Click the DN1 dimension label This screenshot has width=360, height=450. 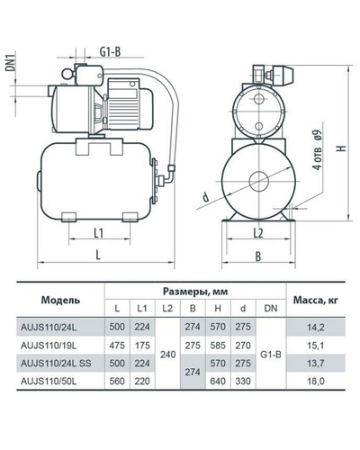pyautogui.click(x=11, y=62)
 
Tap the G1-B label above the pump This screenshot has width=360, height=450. pyautogui.click(x=110, y=52)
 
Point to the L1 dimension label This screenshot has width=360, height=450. pyautogui.click(x=99, y=233)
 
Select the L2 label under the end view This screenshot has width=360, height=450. pyautogui.click(x=258, y=233)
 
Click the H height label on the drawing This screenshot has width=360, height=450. pyautogui.click(x=343, y=148)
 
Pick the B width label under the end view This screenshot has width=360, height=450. pyautogui.click(x=258, y=256)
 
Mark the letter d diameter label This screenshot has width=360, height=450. pyautogui.click(x=205, y=197)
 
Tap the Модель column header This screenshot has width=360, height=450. pyautogui.click(x=60, y=300)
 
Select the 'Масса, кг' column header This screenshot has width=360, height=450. pyautogui.click(x=316, y=300)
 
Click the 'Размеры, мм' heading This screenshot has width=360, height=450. pyautogui.click(x=195, y=291)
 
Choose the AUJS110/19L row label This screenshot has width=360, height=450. pyautogui.click(x=49, y=346)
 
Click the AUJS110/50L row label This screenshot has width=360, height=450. pyautogui.click(x=49, y=381)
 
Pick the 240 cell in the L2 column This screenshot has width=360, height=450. pyautogui.click(x=167, y=355)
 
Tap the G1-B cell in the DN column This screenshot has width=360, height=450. pyautogui.click(x=271, y=355)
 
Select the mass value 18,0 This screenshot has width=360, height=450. pyautogui.click(x=316, y=381)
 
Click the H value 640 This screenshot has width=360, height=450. pyautogui.click(x=218, y=381)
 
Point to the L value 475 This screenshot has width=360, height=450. pyautogui.click(x=117, y=346)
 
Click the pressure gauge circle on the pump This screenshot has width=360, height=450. pyautogui.click(x=67, y=74)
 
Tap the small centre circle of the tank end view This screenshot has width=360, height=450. pyautogui.click(x=259, y=181)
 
